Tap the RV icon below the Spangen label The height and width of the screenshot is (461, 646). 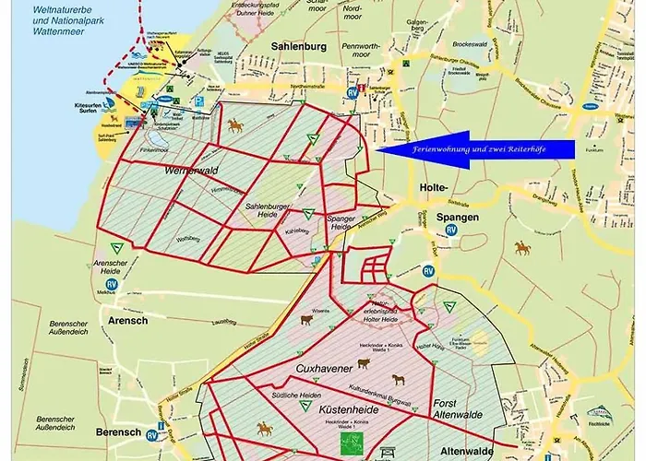451,231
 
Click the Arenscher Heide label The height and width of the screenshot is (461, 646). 110,267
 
